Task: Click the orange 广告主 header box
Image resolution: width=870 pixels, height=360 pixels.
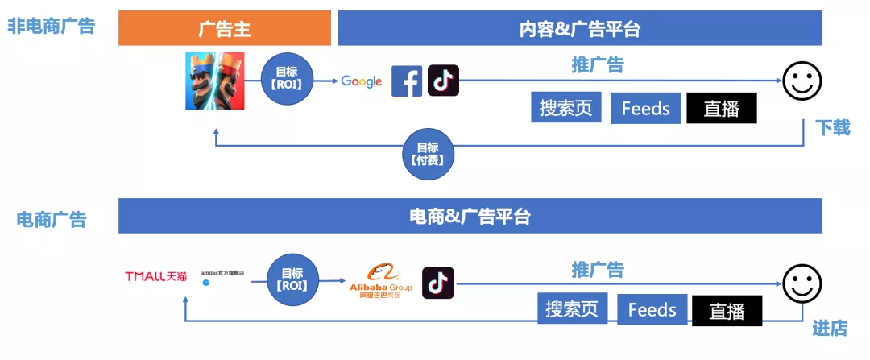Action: (x=225, y=29)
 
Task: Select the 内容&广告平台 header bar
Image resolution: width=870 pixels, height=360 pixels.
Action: (x=579, y=29)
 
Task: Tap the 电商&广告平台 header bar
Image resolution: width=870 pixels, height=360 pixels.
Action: (x=470, y=216)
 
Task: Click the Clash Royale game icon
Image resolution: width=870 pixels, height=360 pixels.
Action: (x=215, y=80)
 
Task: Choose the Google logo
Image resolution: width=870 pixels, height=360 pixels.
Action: (x=362, y=81)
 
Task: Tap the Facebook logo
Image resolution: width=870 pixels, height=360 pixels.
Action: (x=407, y=81)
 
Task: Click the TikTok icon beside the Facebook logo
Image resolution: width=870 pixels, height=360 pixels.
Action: (x=443, y=81)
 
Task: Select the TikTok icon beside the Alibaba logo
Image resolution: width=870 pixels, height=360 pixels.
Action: (x=438, y=283)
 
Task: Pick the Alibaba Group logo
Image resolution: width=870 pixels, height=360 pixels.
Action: (x=381, y=282)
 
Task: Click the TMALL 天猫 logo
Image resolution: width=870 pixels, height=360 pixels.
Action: (x=155, y=277)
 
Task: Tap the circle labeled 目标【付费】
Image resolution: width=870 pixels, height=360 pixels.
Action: (x=428, y=153)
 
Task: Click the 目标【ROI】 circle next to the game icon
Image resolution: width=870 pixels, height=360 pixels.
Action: (x=286, y=81)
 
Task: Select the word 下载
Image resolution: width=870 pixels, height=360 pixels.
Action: (x=832, y=128)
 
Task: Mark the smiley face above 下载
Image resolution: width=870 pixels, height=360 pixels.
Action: (x=802, y=82)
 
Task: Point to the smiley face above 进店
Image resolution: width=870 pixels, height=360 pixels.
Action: (x=802, y=284)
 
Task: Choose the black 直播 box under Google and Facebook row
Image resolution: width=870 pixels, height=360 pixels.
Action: (x=721, y=109)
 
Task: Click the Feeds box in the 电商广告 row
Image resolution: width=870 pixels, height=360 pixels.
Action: (x=652, y=310)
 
